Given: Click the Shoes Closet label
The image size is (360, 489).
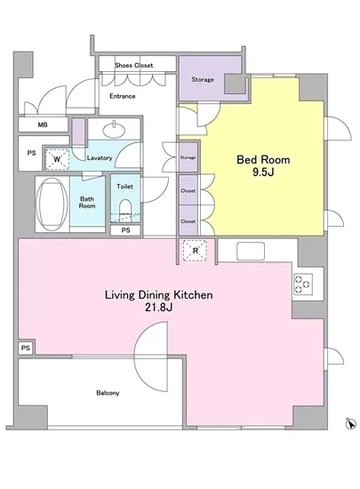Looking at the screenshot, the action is tap(133, 66).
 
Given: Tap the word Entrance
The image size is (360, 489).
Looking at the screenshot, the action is tap(122, 96).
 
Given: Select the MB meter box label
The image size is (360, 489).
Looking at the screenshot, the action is tap(43, 124).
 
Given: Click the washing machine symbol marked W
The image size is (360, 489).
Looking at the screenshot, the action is tap(57, 159).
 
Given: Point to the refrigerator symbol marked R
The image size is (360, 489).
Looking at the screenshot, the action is tap(196, 251).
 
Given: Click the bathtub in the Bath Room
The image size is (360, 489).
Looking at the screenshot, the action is tap(52, 204).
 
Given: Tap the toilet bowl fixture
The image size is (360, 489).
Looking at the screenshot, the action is tap(125, 210).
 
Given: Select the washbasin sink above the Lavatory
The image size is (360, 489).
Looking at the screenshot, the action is tap(115, 130).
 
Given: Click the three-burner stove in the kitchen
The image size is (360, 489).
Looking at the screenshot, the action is tap(303, 284).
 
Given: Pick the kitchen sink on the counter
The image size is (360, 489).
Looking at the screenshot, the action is tap(251, 251).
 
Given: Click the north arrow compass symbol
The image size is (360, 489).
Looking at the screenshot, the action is tap(350, 423).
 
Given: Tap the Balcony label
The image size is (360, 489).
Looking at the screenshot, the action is tap(108, 393).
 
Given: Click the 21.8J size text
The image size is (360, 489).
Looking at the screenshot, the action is tap(158, 308).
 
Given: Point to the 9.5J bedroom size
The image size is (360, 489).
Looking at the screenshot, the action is tap(263, 172).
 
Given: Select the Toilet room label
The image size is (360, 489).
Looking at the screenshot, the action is tap(124, 187).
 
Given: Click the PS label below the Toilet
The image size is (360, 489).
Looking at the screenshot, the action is tap(125, 230).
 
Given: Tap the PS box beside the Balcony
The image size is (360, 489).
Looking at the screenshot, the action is tap(26, 348).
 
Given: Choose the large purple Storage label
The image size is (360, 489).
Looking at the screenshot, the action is tap(203, 79).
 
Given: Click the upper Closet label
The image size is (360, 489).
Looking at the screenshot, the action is tap(188, 191).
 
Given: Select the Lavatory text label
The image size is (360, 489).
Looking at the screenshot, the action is tap(100, 157).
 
